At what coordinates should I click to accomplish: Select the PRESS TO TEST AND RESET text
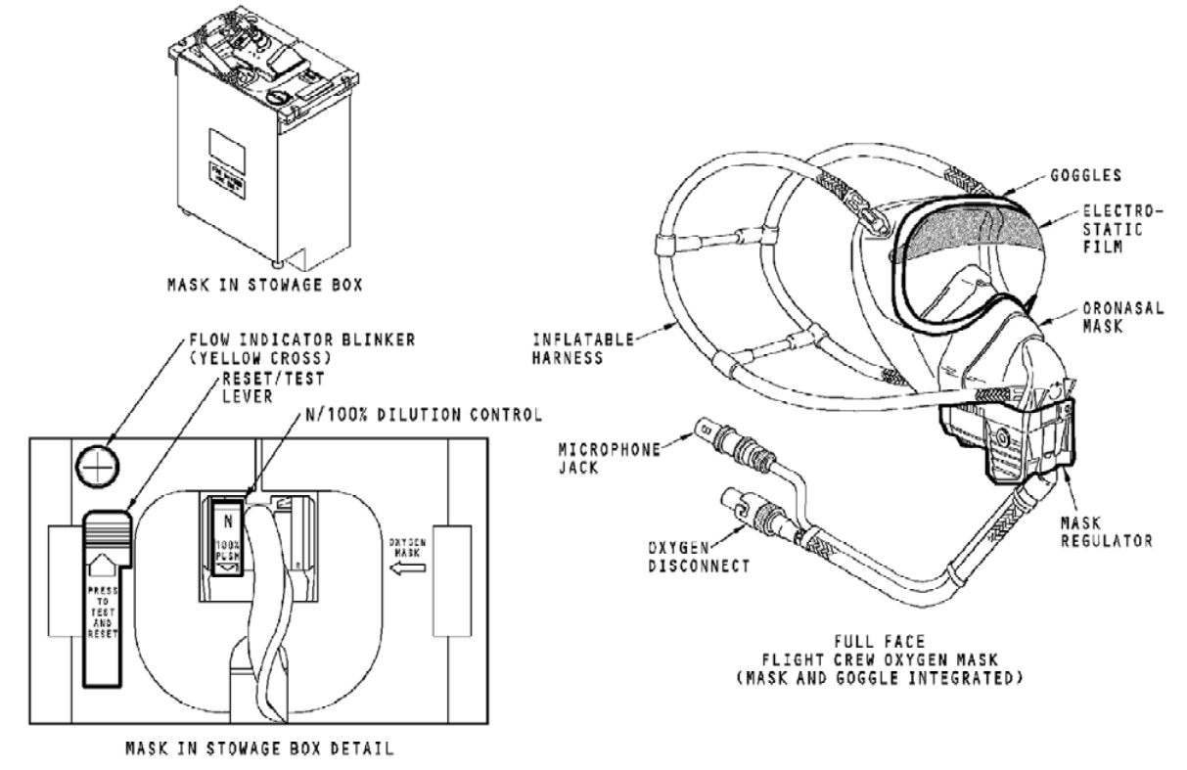pos(102,598)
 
